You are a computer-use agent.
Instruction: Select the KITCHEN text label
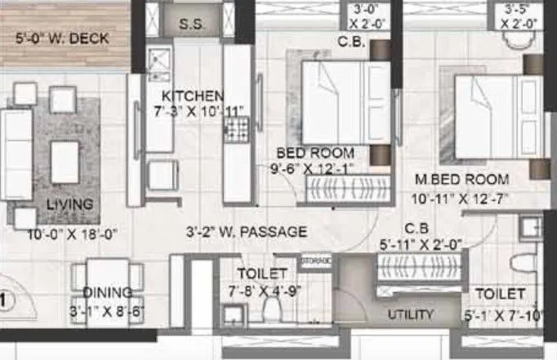(193, 94)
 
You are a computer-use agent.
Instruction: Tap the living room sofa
(16, 156)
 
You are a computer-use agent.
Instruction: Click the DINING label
(106, 292)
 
